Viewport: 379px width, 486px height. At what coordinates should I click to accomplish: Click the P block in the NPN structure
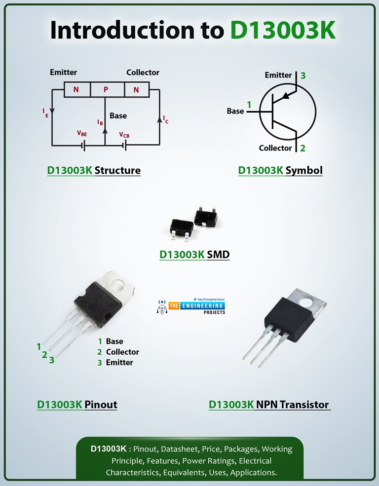pos(106,90)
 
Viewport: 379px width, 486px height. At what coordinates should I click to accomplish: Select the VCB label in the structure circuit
pos(124,134)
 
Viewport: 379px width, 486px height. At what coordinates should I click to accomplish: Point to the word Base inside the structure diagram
pos(118,116)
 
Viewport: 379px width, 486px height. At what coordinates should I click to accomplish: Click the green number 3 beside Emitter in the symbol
pos(303,75)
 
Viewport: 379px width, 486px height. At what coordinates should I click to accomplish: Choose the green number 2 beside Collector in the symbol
pos(303,148)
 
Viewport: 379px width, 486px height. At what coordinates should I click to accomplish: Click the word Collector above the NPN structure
pos(143,73)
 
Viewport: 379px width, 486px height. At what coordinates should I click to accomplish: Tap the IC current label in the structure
pos(166,119)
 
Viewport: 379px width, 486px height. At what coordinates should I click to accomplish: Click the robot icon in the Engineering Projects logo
pos(162,306)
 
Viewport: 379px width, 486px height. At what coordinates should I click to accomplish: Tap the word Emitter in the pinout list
pos(119,362)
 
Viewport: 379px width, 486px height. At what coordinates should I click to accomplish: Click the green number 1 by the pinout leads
pos(39,346)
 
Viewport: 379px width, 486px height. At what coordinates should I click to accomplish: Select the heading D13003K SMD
pos(194,255)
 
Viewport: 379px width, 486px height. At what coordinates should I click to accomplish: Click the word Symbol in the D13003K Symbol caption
pos(304,171)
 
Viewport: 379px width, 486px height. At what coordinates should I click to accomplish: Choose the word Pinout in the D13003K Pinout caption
pos(101,405)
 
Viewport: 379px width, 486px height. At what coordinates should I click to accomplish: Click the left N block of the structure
pos(76,90)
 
